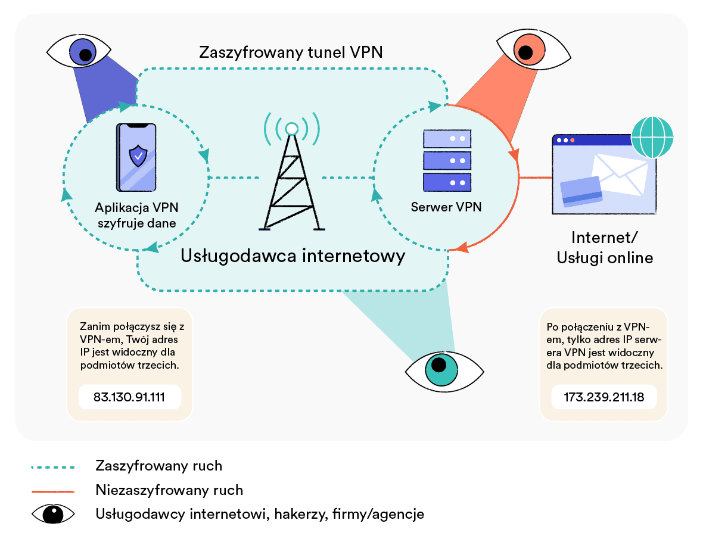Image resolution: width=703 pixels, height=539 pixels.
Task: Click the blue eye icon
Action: click(x=82, y=52)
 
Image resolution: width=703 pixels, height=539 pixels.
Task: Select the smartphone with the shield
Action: click(x=138, y=158)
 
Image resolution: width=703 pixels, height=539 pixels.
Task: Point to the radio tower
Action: click(x=292, y=179)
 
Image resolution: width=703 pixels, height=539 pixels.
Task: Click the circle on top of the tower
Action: click(x=292, y=129)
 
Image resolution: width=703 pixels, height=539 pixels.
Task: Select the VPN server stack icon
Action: click(x=447, y=160)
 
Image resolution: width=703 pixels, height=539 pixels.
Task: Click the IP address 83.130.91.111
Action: click(x=129, y=397)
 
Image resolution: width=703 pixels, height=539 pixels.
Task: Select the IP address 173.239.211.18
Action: click(x=604, y=397)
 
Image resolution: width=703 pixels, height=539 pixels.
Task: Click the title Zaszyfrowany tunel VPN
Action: click(x=291, y=52)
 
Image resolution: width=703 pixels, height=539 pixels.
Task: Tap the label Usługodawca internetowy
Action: click(x=293, y=256)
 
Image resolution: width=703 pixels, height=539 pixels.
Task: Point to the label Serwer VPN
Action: click(x=446, y=207)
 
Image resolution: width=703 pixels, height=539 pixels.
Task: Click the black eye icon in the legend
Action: click(x=54, y=514)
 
